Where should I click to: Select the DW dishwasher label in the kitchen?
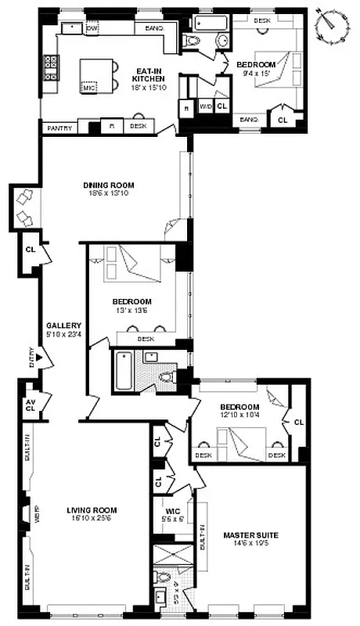click(x=92, y=28)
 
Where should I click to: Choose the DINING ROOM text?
click(x=108, y=185)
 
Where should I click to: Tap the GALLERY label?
click(x=58, y=325)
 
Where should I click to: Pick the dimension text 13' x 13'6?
click(x=131, y=311)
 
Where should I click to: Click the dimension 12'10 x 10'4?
click(x=239, y=416)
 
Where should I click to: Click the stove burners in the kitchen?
click(x=52, y=68)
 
